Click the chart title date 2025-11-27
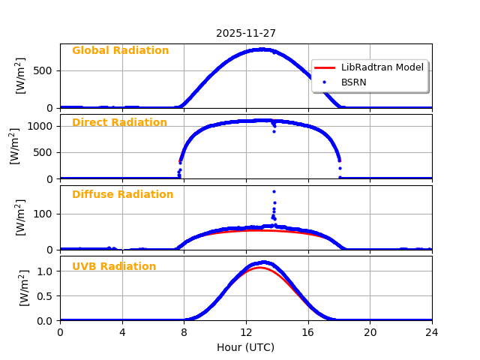[x=246, y=34]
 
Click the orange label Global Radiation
[x=120, y=51]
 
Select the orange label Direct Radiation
[x=119, y=123]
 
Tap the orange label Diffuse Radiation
[x=122, y=195]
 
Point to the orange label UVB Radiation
[x=114, y=267]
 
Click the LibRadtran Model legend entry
[x=382, y=67]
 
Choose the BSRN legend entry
[x=353, y=82]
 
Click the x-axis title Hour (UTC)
[x=246, y=348]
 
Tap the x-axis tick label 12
[x=246, y=332]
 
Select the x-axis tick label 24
[x=432, y=332]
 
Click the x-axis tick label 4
[x=122, y=332]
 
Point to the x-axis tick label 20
[x=370, y=332]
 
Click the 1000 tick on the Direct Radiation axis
[x=43, y=126]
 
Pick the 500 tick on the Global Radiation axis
[x=46, y=71]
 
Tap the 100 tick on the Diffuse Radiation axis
[x=46, y=214]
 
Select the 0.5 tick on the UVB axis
[x=46, y=295]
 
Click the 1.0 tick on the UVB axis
[x=46, y=271]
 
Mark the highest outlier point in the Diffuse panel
[x=274, y=191]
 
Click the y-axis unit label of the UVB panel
[x=22, y=288]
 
